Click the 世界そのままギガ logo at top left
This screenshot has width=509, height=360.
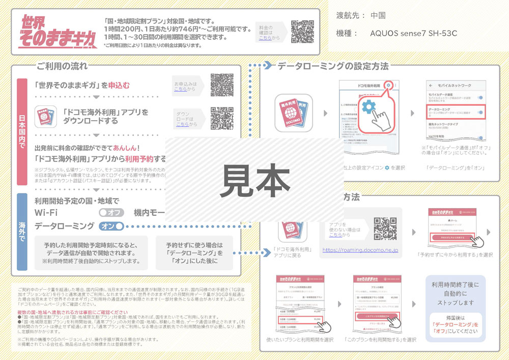[x=58, y=32]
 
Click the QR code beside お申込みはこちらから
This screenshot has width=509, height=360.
[x=222, y=85]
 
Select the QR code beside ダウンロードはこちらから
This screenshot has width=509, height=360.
[x=222, y=118]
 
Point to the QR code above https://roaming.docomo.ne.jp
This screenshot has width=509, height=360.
[x=385, y=229]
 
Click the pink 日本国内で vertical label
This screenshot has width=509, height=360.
[x=22, y=131]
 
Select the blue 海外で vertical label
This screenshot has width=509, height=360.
[x=22, y=232]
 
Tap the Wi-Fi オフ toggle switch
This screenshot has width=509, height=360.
[x=111, y=212]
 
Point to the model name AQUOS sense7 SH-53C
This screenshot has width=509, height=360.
[x=413, y=34]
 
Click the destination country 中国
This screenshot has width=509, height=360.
[x=378, y=15]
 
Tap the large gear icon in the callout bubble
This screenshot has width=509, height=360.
[x=368, y=107]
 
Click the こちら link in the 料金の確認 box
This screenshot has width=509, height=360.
[x=265, y=38]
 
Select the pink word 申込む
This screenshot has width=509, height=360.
[x=119, y=85]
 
